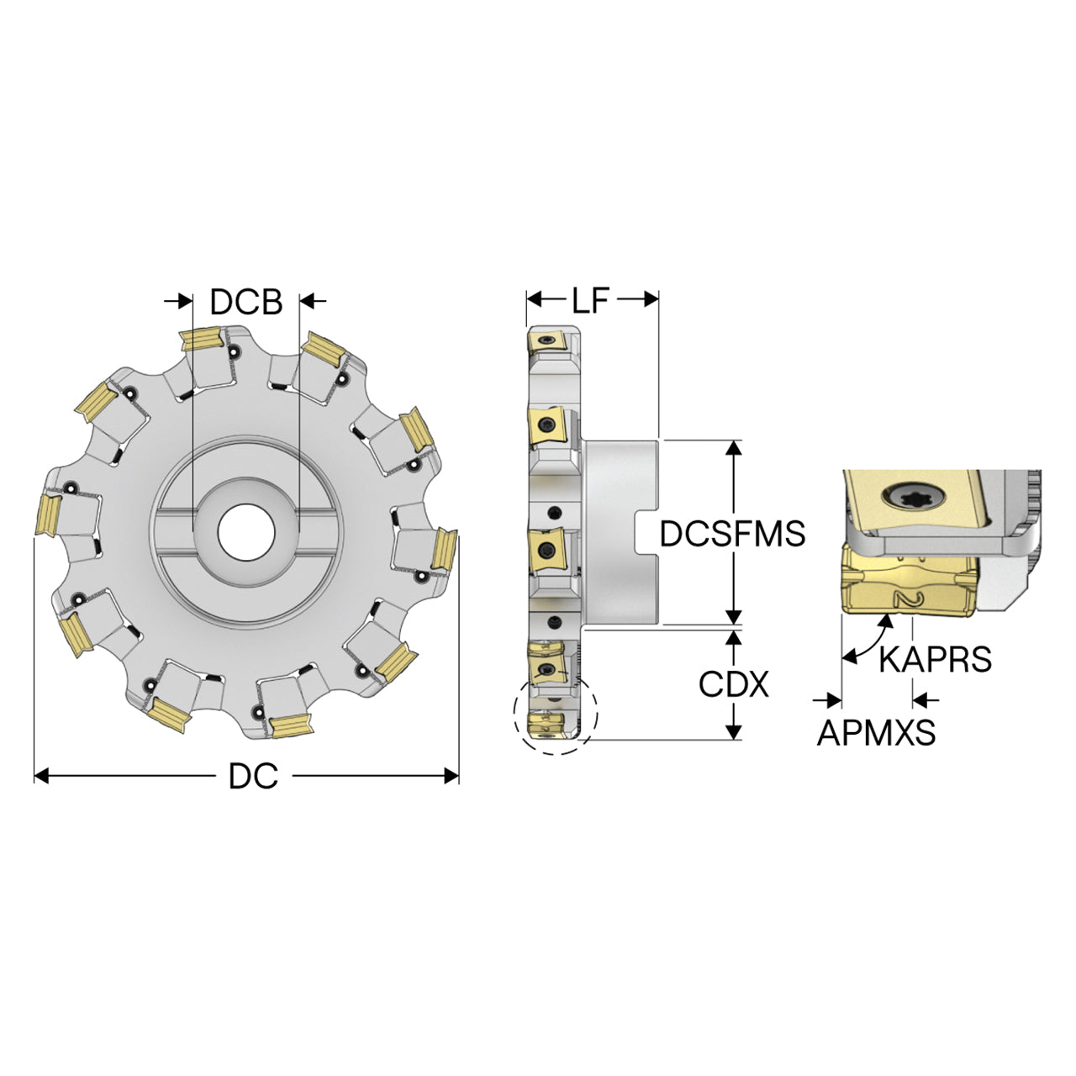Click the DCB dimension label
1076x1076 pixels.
(246, 302)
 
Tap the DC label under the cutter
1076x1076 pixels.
(253, 776)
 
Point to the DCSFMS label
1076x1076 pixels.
(732, 533)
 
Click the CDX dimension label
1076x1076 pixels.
(734, 683)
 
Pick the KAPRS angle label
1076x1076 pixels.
(936, 659)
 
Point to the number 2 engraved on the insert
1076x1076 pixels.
(908, 599)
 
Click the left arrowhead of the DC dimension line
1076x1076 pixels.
(42, 776)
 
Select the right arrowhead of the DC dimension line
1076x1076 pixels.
(451, 776)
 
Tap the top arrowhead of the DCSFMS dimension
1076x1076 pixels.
(735, 448)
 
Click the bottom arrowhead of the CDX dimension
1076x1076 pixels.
(735, 731)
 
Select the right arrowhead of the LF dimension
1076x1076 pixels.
(651, 300)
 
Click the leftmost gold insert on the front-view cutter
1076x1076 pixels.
(48, 514)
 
